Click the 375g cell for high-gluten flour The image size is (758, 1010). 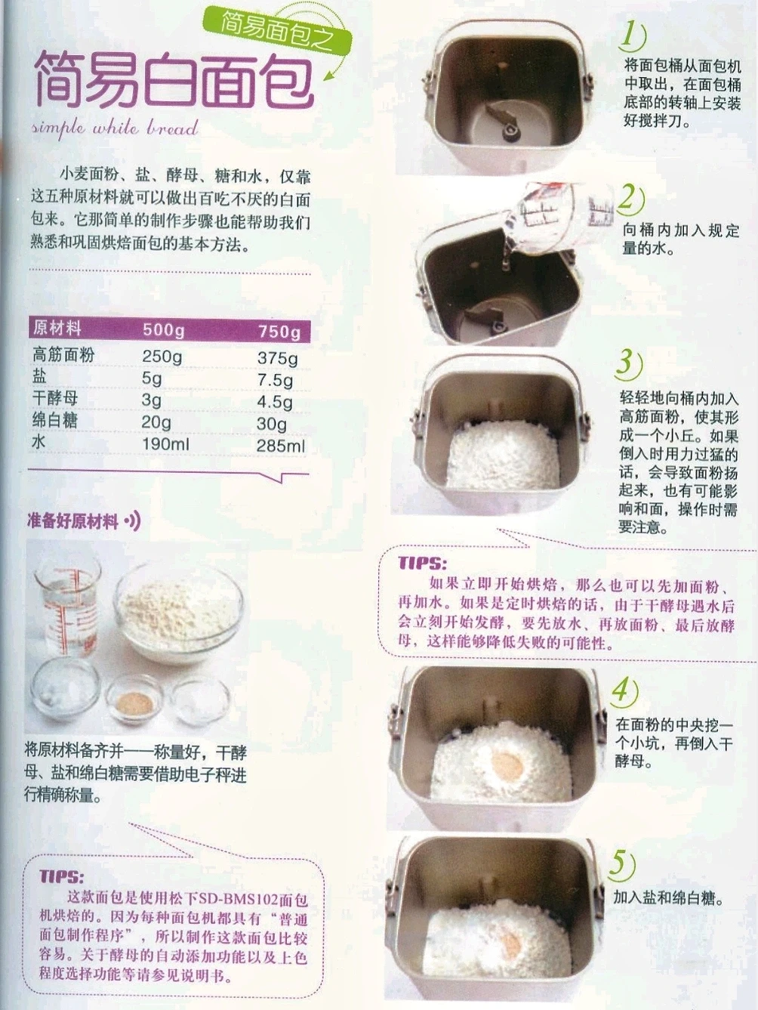(278, 357)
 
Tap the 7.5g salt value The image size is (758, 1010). (275, 380)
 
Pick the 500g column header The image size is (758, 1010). (164, 330)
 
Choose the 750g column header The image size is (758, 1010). (279, 332)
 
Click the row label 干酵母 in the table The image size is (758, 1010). (55, 398)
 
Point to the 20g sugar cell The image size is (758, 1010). (156, 422)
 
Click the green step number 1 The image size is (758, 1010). (632, 35)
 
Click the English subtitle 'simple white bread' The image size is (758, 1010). (115, 128)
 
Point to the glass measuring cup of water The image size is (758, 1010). (68, 605)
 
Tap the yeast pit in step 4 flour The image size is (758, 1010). (507, 764)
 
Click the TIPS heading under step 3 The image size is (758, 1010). (421, 564)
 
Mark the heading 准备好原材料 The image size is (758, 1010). (72, 521)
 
